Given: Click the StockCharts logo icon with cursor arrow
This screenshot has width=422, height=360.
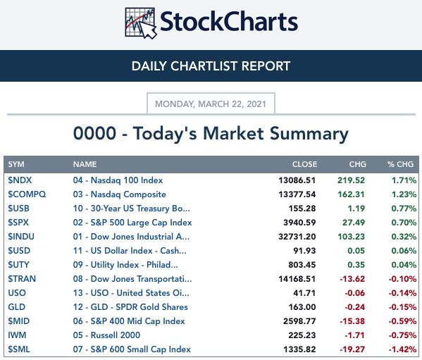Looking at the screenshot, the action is [140, 23].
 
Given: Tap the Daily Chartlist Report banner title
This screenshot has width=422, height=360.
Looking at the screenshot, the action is [211, 66].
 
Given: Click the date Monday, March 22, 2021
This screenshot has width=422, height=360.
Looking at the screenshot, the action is [211, 104].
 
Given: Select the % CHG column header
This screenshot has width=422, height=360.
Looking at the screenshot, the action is [400, 164].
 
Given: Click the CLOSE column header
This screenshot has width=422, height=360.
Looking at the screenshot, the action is [304, 164].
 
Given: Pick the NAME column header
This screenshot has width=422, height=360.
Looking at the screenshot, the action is [85, 164].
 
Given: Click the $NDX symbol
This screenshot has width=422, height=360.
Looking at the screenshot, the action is [20, 180].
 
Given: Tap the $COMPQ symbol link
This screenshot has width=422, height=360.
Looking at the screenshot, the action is [27, 194].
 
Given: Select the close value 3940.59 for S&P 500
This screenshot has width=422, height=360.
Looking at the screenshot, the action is [299, 223].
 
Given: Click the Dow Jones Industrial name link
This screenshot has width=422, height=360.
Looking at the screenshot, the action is [131, 237].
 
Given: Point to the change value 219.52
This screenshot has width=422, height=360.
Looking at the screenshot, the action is [352, 180].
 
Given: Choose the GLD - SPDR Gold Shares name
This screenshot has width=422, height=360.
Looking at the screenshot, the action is [130, 307].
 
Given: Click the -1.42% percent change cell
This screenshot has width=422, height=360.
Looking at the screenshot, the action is [402, 349].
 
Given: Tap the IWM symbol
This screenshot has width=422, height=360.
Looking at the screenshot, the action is [17, 335].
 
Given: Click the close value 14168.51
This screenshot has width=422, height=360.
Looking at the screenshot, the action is [297, 279].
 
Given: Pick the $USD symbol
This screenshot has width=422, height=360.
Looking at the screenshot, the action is [19, 251].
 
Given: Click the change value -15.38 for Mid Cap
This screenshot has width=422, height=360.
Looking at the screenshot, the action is [352, 321].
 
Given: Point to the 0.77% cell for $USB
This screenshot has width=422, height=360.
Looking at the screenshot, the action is [404, 209].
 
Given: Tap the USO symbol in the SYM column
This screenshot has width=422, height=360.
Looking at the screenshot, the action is [17, 293].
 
